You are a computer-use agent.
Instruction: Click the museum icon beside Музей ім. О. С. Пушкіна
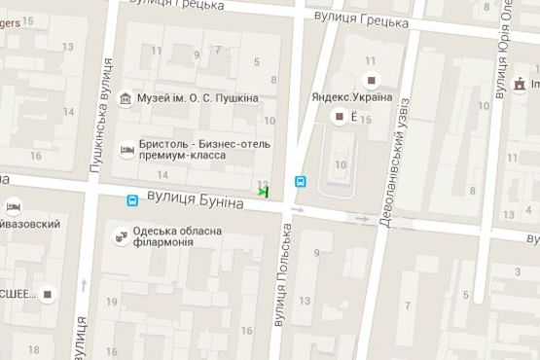(x=126, y=98)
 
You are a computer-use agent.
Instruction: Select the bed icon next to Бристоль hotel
(x=126, y=150)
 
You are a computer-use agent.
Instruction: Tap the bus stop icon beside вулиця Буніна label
(x=132, y=200)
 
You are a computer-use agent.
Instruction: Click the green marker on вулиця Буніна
(x=263, y=192)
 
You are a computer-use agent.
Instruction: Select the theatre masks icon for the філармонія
(x=121, y=235)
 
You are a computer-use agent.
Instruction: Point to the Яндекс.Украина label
(x=351, y=97)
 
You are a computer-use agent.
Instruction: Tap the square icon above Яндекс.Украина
(x=370, y=78)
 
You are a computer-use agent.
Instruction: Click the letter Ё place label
(x=354, y=118)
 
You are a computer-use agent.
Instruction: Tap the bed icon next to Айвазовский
(x=14, y=207)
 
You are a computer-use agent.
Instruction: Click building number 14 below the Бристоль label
(x=162, y=174)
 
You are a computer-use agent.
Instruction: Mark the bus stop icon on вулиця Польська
(x=300, y=181)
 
